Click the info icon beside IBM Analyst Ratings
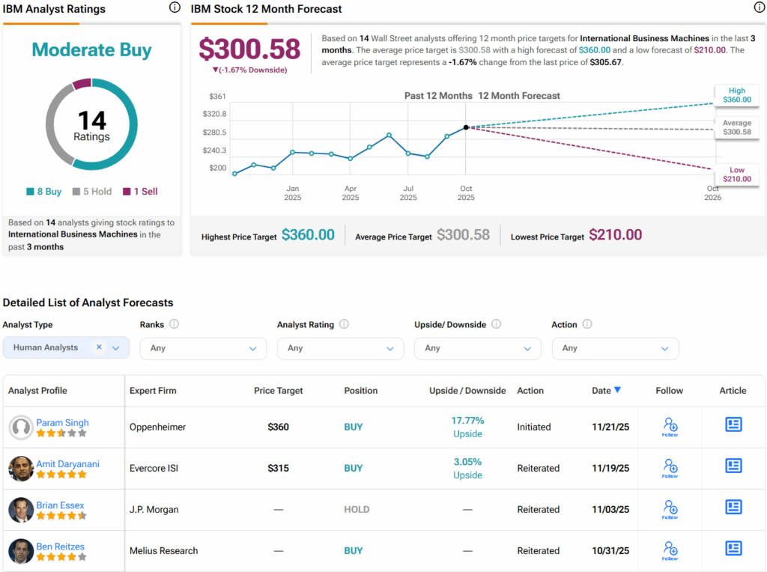pyautogui.click(x=175, y=8)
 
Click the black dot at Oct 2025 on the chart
pyautogui.click(x=466, y=128)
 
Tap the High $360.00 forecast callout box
pyautogui.click(x=737, y=95)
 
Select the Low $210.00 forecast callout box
pyautogui.click(x=737, y=175)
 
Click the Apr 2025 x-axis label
pyautogui.click(x=351, y=193)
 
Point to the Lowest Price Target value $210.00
pyautogui.click(x=615, y=235)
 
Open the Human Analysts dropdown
pyautogui.click(x=66, y=348)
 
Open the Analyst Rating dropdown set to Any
pyautogui.click(x=340, y=348)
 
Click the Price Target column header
pyautogui.click(x=279, y=391)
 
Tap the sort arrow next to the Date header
pyautogui.click(x=617, y=390)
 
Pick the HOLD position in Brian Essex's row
pyautogui.click(x=357, y=510)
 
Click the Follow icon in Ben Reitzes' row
pyautogui.click(x=670, y=550)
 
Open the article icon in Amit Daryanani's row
pyautogui.click(x=733, y=466)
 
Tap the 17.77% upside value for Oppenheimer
pyautogui.click(x=467, y=421)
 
